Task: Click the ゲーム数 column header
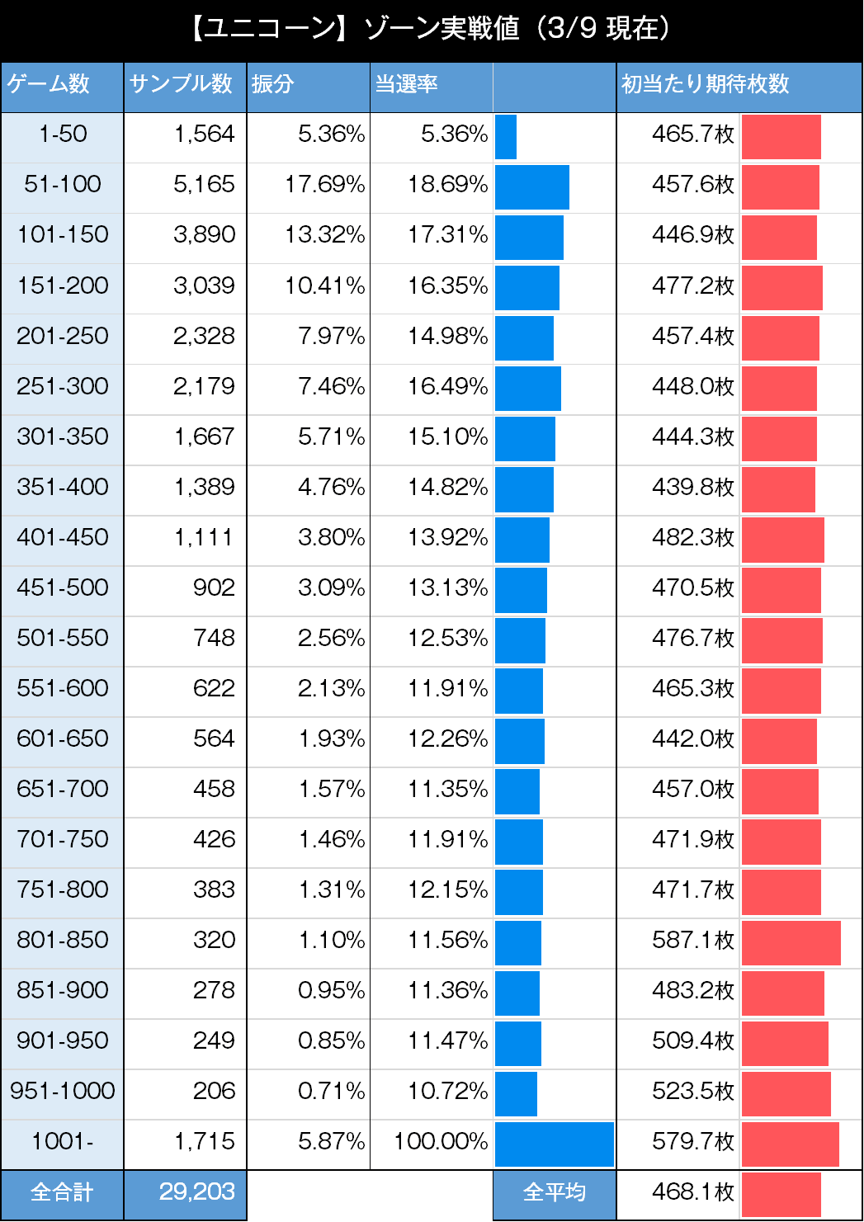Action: coord(49,84)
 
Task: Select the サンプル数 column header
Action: coord(181,84)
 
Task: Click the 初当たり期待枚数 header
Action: coord(706,84)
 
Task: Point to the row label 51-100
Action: coord(63,184)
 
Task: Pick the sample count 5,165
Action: coord(204,184)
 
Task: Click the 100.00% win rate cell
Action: coord(441,1141)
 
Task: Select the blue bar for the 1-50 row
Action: coord(506,137)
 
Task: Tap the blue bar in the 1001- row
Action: coord(554,1144)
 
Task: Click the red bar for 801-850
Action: coord(791,942)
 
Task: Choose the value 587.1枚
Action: coord(692,940)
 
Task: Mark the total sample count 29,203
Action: coord(196,1191)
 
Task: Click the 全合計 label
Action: coord(62,1192)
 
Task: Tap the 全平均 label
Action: coord(555,1192)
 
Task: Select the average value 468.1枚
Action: coord(692,1191)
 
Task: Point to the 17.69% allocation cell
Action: coord(324,184)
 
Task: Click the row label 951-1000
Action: coord(63,1091)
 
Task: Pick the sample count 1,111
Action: coord(204,537)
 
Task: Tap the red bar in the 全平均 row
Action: coord(781,1194)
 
